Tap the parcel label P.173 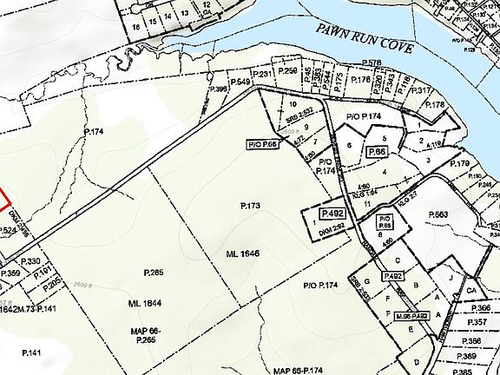250,206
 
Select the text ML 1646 243,253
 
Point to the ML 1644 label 146,303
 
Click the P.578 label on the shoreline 372,62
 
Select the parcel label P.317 420,90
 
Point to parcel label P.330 30,260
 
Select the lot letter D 418,362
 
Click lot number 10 281,104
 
